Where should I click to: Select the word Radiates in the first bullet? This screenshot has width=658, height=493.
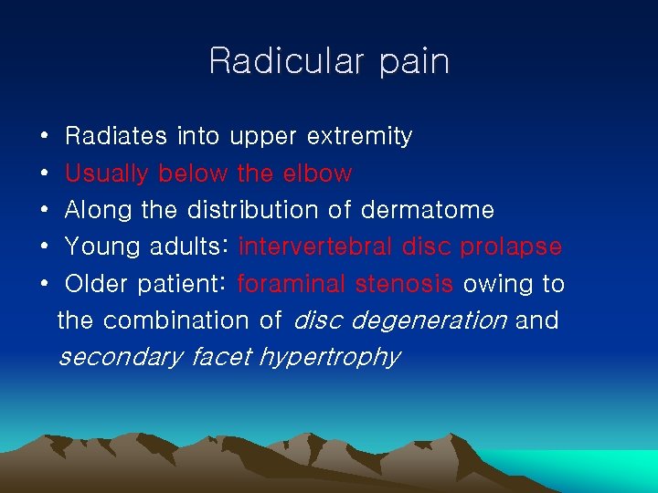116,137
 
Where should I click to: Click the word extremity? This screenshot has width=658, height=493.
359,137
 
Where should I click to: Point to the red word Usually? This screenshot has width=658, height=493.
108,173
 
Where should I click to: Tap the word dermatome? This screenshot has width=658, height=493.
428,210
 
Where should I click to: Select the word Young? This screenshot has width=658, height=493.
100,247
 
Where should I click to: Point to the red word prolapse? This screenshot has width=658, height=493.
510,247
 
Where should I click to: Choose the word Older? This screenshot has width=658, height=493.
97,284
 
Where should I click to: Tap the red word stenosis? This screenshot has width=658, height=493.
403,284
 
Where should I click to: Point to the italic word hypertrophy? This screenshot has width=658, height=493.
330,357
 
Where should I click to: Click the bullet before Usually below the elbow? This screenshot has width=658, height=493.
45,173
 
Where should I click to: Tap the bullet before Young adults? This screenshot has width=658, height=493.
45,247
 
